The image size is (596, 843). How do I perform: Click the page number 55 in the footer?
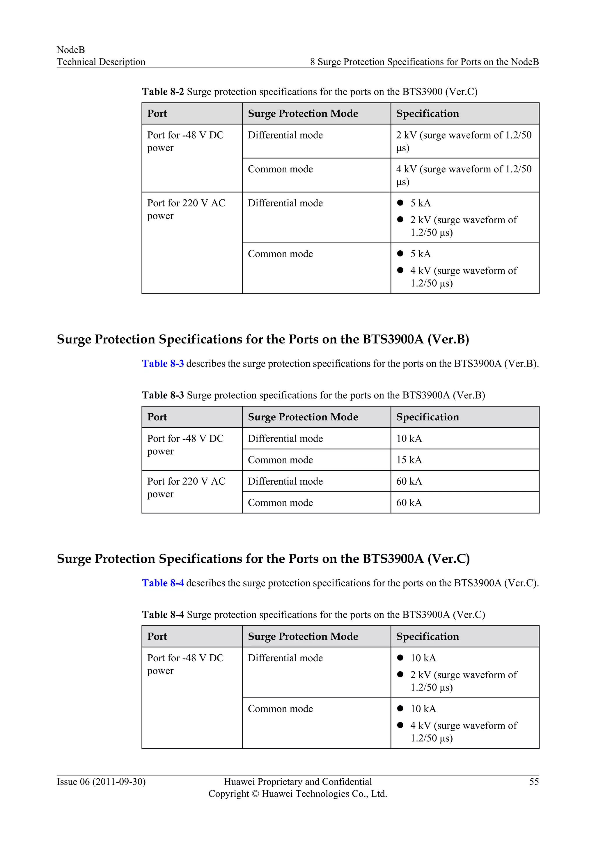[x=534, y=782]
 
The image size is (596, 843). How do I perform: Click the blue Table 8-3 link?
[x=163, y=364]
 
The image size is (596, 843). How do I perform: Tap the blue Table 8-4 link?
[x=163, y=583]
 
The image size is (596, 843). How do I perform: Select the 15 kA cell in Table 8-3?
[x=409, y=460]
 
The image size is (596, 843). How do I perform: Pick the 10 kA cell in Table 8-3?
[x=409, y=438]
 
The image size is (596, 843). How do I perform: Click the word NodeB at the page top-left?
[x=71, y=49]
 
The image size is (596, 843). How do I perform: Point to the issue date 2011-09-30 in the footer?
[x=119, y=782]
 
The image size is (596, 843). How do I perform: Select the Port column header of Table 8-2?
[x=157, y=114]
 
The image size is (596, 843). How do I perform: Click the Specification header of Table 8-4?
[x=428, y=636]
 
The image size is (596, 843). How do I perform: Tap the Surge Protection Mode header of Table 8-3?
[x=303, y=417]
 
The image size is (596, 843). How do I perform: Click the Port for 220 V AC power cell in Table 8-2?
[x=186, y=209]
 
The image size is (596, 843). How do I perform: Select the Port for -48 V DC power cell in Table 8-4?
[x=185, y=664]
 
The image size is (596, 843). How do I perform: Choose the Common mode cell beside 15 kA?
[x=280, y=460]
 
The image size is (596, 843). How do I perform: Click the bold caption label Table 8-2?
[x=163, y=91]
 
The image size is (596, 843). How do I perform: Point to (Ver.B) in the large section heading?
[x=448, y=339]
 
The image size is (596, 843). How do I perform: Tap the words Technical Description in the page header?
[x=101, y=62]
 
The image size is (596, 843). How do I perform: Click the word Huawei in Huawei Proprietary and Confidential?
[x=239, y=782]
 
